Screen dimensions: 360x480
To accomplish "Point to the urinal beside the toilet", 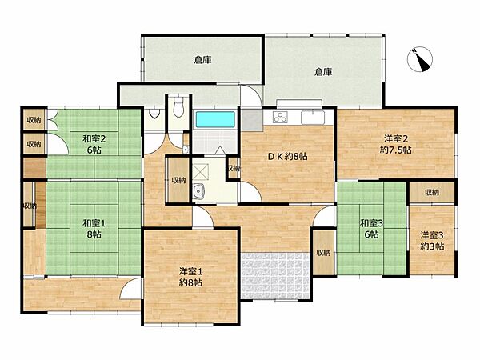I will pos(154,114).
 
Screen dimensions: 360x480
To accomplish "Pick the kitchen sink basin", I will pos(311,118).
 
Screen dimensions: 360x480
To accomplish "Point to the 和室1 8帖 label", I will pos(90,229).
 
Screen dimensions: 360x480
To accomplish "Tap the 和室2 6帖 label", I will pos(90,144).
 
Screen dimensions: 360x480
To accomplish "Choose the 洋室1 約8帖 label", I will pos(190,276).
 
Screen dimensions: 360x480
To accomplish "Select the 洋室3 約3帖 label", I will pos(432,240).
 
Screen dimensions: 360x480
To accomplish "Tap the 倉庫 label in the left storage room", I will pos(202,59).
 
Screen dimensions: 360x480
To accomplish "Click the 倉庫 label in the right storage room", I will pos(323,72).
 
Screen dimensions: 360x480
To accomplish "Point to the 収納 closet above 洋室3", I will pos(432,192).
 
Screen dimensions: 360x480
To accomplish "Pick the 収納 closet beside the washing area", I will pos(175,180).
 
